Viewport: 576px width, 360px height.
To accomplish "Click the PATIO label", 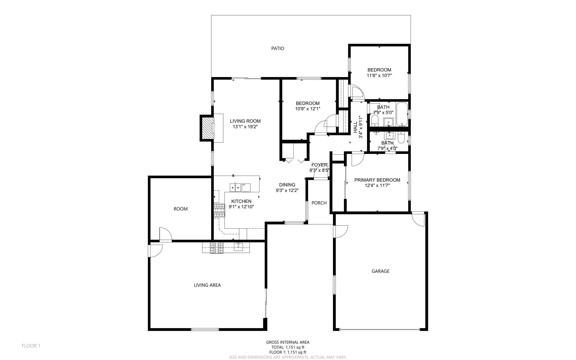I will click(277, 48).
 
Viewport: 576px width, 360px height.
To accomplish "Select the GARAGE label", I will click(380, 271).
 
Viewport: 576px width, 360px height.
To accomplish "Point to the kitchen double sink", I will click(235, 187).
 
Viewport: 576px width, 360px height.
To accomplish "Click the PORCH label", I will click(319, 203).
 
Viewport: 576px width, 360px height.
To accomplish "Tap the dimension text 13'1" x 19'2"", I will click(245, 127).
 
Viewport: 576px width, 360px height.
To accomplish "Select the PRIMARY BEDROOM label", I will click(377, 180).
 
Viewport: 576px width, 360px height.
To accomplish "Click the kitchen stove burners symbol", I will click(219, 211).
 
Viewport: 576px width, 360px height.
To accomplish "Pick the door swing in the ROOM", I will click(165, 234).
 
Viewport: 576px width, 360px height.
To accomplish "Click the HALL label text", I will click(355, 127).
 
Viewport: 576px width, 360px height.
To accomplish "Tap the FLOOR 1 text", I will click(31, 346).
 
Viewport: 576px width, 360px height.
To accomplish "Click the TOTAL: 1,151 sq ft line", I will click(288, 347).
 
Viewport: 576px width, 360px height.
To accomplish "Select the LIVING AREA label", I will click(207, 285).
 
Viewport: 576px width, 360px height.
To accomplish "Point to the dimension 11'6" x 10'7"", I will click(379, 75).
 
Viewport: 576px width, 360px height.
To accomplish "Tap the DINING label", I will click(287, 185).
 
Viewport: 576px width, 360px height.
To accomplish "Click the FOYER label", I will click(319, 165).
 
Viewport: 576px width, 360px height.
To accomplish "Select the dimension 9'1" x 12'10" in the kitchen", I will click(241, 207).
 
